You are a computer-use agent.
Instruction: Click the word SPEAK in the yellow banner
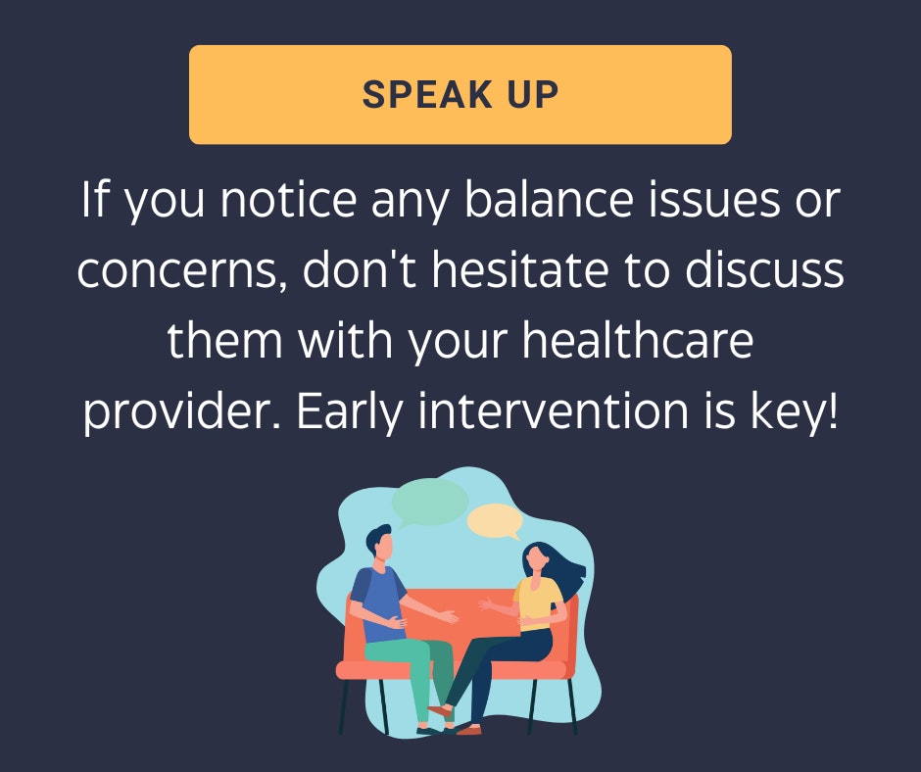coord(427,95)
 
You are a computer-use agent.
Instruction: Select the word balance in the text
coord(549,200)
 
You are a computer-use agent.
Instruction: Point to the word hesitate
coord(520,269)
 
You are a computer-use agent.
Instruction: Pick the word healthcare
coord(637,340)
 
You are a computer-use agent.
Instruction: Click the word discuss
coord(764,269)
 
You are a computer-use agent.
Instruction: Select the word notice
coord(288,200)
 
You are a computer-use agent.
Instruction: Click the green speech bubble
coord(429,503)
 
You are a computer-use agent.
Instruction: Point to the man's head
coord(379,543)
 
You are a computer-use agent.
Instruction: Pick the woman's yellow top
coord(536,603)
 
